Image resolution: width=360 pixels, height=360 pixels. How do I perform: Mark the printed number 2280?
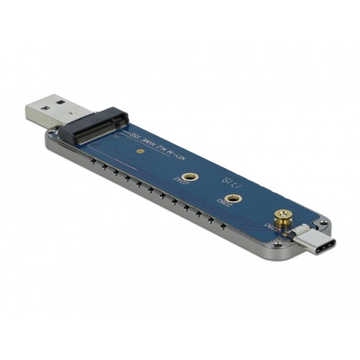pyautogui.click(x=268, y=228)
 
